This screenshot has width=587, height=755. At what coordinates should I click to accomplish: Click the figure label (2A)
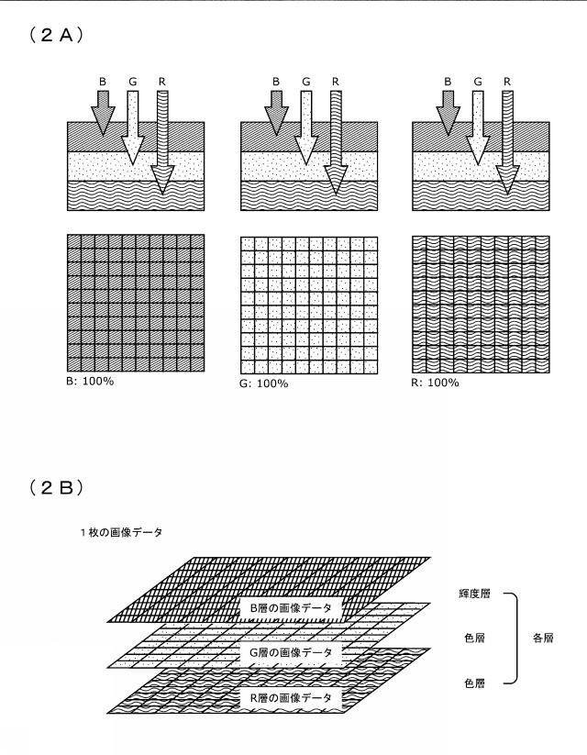[56, 35]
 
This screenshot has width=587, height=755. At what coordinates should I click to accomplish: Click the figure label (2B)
[56, 488]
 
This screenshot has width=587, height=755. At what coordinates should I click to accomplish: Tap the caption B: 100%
[90, 382]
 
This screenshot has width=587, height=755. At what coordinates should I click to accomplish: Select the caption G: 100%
[264, 383]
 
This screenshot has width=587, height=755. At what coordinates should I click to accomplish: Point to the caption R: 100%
[436, 383]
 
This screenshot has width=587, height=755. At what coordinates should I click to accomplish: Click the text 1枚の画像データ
[122, 533]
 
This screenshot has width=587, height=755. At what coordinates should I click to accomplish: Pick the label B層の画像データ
[292, 608]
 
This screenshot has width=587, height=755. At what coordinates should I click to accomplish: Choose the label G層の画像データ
[291, 653]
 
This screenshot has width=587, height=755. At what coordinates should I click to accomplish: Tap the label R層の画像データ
[291, 698]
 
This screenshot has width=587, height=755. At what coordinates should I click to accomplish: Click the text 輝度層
[475, 594]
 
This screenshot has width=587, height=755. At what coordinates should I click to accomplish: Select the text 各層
[543, 638]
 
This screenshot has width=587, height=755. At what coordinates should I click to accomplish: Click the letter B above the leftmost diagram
[103, 82]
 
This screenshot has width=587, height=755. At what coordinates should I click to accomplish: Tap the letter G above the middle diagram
[305, 82]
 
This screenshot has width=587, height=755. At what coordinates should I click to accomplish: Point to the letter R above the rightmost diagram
[507, 82]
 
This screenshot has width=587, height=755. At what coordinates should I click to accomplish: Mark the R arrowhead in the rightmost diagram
[507, 180]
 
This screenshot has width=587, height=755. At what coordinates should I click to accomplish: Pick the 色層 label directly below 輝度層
[475, 638]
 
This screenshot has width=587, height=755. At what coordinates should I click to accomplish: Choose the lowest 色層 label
[475, 683]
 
